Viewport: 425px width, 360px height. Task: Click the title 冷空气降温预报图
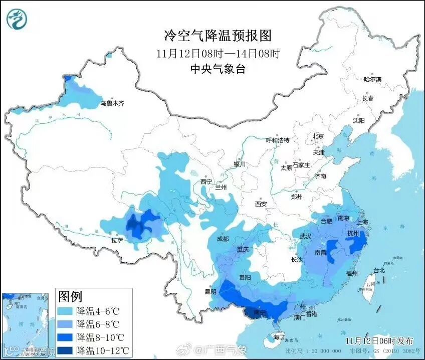pos(218,36)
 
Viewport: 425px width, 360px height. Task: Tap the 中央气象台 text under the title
pos(218,70)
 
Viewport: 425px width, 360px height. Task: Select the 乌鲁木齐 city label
pos(111,103)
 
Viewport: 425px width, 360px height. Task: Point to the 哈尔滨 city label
pos(372,79)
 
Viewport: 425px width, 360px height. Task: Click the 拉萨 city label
pos(117,241)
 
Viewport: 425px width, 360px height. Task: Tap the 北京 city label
pos(318,136)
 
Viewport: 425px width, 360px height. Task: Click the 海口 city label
pos(279,336)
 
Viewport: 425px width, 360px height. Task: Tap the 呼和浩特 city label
pos(278,140)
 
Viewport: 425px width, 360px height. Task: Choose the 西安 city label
pos(261,204)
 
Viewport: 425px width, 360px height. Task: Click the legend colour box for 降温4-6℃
pos(66,311)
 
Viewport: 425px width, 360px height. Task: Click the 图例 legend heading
pos(71,296)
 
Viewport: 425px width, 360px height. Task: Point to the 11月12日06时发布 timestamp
pos(378,341)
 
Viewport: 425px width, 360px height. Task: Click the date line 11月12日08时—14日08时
pos(218,53)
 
